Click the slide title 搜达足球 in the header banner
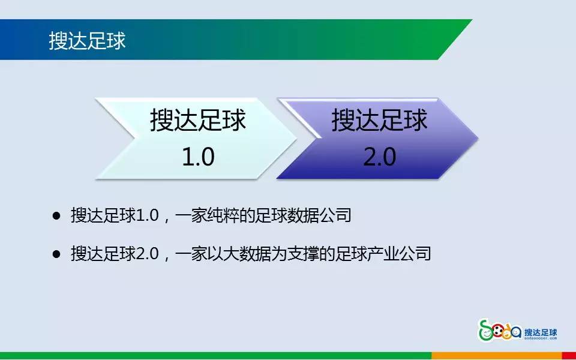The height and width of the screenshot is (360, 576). (87, 41)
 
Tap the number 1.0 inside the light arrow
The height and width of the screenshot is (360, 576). (198, 157)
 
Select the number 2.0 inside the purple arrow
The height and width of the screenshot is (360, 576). (379, 157)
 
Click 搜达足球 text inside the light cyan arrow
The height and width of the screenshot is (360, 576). (198, 120)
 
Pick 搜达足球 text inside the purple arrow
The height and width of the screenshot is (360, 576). (379, 120)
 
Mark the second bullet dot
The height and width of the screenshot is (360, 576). (57, 254)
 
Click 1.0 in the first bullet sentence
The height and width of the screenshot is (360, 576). (146, 215)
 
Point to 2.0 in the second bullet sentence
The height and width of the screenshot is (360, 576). (146, 254)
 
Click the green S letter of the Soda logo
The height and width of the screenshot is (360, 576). (484, 329)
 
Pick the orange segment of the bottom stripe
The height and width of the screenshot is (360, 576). (496, 356)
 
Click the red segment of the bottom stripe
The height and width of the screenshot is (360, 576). (568, 356)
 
